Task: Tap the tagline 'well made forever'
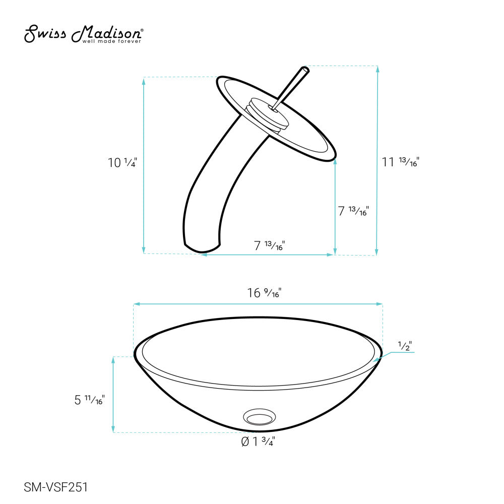coord(111,41)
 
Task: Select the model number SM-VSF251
coord(56,487)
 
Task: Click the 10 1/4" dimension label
coord(122,163)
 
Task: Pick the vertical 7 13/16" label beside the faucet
coord(353,211)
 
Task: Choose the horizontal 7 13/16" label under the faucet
coord(269,245)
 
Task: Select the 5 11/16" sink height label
coord(89,400)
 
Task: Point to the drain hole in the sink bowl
coord(259,417)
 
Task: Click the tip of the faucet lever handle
coord(304,69)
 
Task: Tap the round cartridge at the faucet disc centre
coord(268,116)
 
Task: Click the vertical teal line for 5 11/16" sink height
coord(113,395)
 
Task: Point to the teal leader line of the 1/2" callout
coord(398,353)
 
